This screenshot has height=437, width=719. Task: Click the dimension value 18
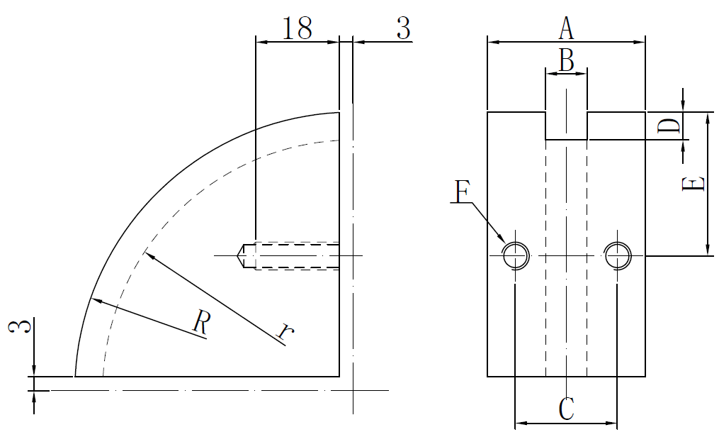297,28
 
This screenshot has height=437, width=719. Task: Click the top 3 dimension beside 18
402,28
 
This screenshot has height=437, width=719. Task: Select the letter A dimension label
565,29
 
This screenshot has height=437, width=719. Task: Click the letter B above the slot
566,60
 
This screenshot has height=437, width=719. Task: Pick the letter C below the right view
566,409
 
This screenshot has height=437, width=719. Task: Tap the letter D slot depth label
669,127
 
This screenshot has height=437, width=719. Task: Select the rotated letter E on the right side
692,184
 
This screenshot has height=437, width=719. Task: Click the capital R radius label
201,324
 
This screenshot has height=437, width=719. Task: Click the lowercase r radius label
284,331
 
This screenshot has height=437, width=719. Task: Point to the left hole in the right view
515,255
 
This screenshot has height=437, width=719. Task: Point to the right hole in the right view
617,255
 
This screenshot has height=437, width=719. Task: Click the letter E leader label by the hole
461,192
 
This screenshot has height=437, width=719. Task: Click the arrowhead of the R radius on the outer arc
95,301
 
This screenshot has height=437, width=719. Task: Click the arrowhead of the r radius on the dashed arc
147,254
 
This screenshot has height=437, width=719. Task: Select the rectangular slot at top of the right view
566,125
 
